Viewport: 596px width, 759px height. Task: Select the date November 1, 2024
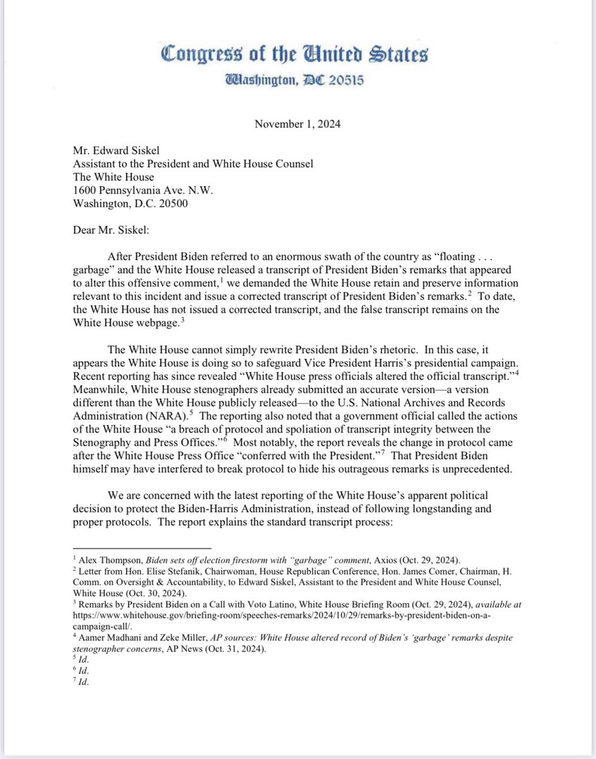[297, 124]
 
